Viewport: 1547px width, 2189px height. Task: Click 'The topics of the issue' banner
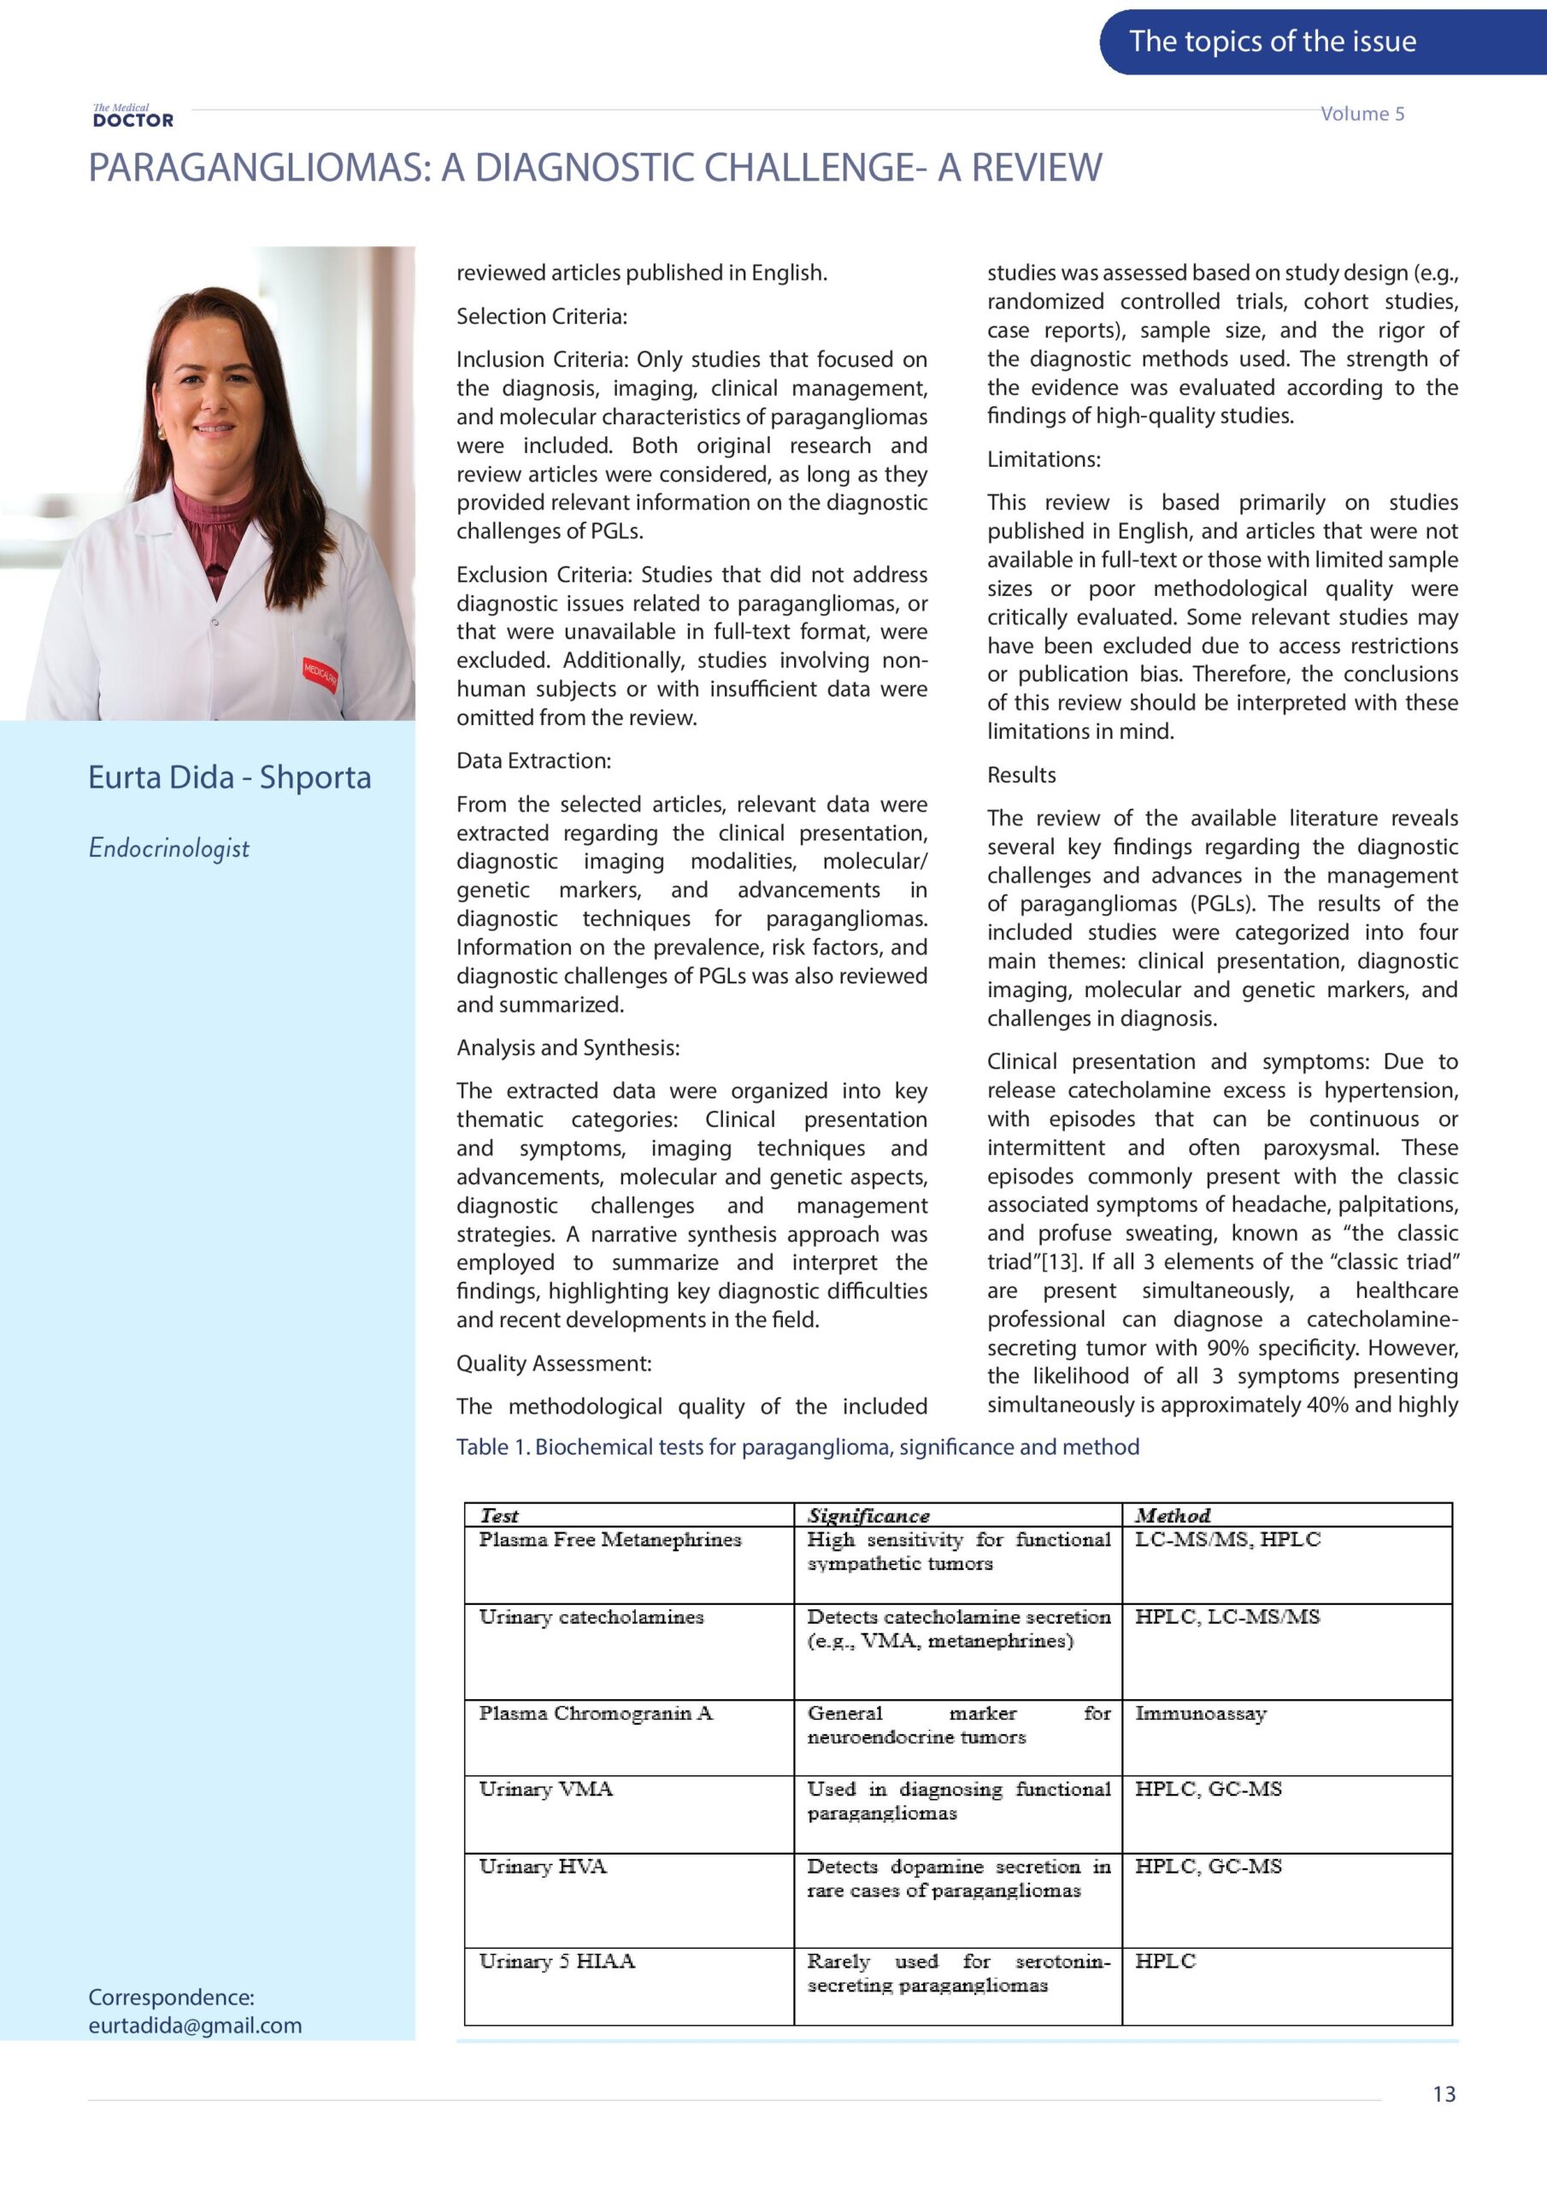click(x=1272, y=41)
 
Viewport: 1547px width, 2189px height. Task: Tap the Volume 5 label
click(x=1362, y=114)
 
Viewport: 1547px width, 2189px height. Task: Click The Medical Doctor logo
click(x=132, y=116)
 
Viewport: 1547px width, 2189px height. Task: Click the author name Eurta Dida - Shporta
click(x=229, y=777)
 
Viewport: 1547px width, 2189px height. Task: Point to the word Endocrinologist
click(x=168, y=847)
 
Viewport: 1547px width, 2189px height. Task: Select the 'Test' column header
click(x=499, y=1516)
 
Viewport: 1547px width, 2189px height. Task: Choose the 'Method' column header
click(x=1173, y=1516)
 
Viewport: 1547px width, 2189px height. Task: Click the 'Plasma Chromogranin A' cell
click(x=596, y=1714)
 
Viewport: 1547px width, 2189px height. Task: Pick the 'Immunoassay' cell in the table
click(x=1200, y=1714)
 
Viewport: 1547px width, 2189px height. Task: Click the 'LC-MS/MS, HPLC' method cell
click(x=1226, y=1540)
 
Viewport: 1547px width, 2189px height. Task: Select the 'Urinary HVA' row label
click(x=543, y=1866)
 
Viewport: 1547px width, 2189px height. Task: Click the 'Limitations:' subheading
click(x=1044, y=459)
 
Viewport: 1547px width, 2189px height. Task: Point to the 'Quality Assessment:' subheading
click(x=554, y=1363)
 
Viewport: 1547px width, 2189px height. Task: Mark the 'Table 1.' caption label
click(x=493, y=1448)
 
